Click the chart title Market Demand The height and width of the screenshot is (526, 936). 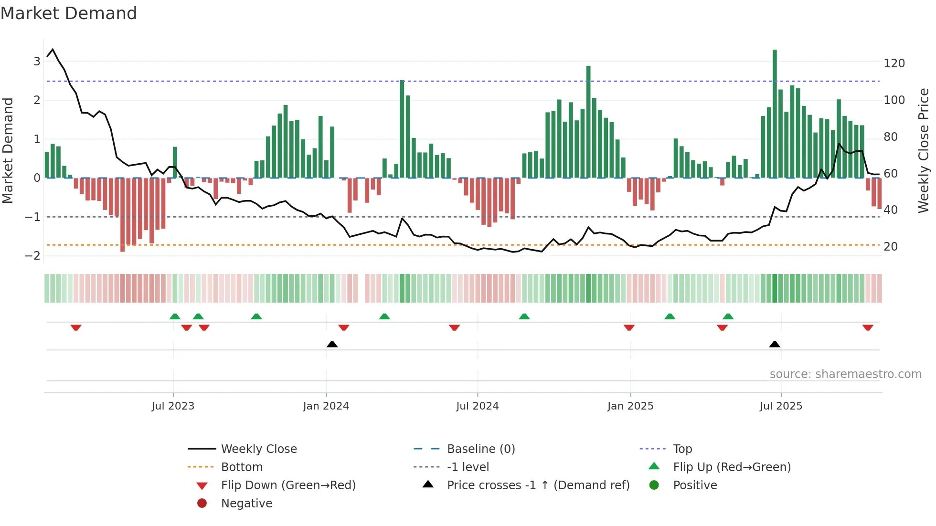69,13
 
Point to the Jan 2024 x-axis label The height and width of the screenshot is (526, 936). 326,406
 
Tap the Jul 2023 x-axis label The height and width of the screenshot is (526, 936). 173,406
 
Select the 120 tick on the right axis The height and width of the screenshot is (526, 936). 894,63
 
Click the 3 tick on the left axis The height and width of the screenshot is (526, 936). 37,62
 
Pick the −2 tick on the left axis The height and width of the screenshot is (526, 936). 32,256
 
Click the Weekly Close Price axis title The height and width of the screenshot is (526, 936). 924,150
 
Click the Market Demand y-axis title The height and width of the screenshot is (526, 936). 8,150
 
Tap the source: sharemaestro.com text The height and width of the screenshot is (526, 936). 845,374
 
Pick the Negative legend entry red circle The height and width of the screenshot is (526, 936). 202,504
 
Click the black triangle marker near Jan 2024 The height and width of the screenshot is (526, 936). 332,344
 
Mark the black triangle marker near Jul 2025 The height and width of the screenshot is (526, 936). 775,344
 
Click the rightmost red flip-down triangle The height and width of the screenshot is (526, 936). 868,327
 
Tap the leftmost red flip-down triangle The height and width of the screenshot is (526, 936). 76,327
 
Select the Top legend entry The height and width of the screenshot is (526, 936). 682,449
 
